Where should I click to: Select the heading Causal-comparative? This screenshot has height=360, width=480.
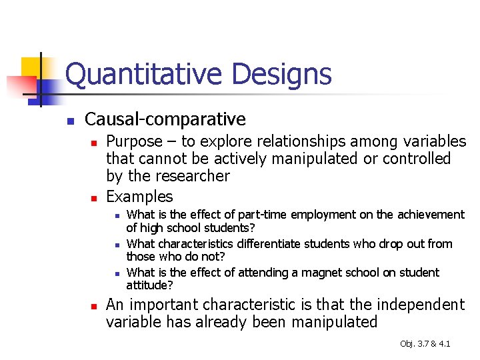165,120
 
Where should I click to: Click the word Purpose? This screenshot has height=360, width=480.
134,142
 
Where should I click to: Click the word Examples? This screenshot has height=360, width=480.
139,197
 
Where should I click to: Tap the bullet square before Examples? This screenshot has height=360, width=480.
95,199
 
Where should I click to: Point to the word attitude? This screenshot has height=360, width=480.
149,285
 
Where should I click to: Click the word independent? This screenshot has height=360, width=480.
421,305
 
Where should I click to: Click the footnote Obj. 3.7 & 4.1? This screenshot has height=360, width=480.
425,343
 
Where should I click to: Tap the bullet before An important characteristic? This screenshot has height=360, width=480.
95,307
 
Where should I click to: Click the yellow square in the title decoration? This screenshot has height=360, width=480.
31,67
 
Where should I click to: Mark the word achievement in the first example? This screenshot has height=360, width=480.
430,215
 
